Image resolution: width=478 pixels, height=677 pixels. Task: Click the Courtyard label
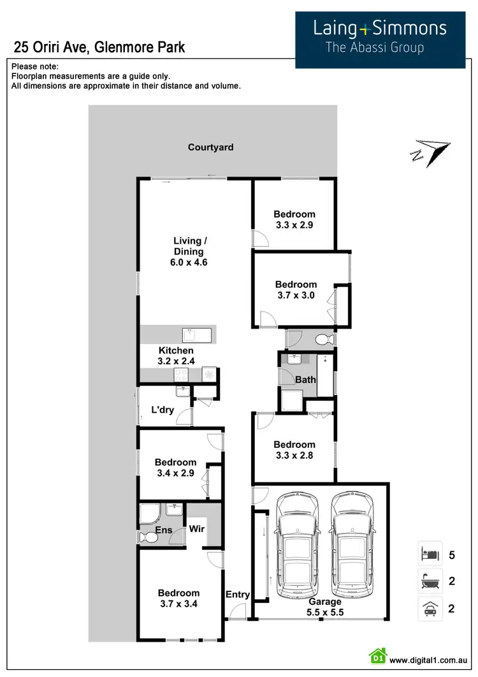210,147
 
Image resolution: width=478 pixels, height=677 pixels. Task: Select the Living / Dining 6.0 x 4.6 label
191,251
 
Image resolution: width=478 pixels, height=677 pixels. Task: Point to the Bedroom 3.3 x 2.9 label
294,219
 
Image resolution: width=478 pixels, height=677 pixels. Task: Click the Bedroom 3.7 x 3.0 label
296,290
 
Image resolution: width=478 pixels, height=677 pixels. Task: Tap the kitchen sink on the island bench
191,334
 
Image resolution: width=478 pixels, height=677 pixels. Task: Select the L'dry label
163,410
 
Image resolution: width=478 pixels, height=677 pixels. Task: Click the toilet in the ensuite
150,539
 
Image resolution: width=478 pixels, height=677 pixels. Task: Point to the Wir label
196,529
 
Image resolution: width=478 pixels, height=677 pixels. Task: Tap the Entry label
238,595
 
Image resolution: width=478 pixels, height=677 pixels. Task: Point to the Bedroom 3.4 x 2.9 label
175,468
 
